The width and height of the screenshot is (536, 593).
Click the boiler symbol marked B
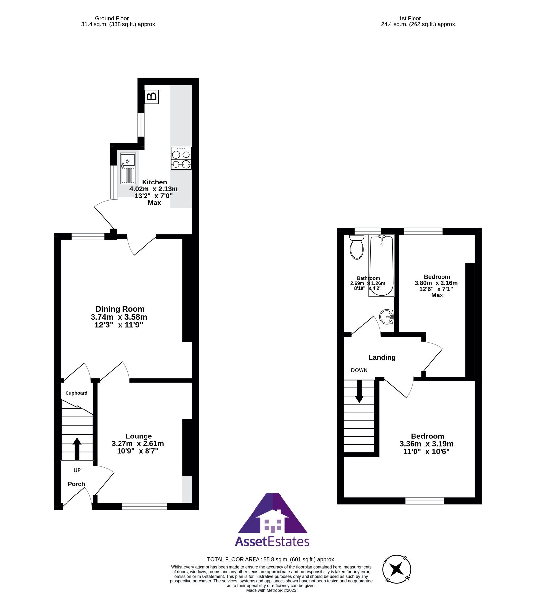[x=151, y=97]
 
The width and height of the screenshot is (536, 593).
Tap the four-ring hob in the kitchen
[x=181, y=158]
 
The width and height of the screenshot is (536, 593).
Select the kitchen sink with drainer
[x=128, y=168]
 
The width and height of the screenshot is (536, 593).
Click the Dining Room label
[x=120, y=309]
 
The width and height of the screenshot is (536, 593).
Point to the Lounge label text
[x=139, y=436]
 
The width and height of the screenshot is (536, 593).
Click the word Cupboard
[x=76, y=393]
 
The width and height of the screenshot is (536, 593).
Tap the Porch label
[x=76, y=484]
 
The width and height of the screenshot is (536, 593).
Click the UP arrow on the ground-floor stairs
[x=77, y=449]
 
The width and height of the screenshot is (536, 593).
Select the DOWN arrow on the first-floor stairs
[x=359, y=391]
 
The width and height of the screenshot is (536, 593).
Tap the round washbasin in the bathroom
[x=386, y=317]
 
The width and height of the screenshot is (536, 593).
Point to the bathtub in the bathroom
[x=381, y=266]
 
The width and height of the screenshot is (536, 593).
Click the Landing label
[x=382, y=357]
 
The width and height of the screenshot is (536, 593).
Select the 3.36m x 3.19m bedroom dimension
[x=426, y=444]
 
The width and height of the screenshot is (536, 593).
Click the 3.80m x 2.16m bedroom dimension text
[x=436, y=283]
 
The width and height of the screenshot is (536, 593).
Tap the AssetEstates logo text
[x=272, y=542]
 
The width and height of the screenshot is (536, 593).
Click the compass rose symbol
[x=397, y=569]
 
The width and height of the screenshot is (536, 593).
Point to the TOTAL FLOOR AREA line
[x=271, y=559]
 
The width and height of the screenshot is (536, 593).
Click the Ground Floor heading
[x=112, y=18]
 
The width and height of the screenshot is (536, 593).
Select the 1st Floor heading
[x=410, y=18]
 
